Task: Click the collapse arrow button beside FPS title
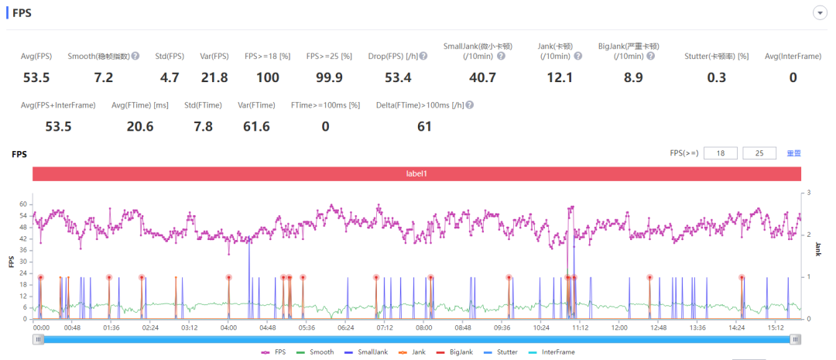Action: pyautogui.click(x=818, y=13)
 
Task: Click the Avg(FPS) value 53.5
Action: pyautogui.click(x=36, y=77)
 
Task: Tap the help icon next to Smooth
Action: pyautogui.click(x=135, y=56)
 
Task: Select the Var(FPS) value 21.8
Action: pyautogui.click(x=214, y=77)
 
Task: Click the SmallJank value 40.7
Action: pyautogui.click(x=482, y=77)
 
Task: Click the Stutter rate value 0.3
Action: pyautogui.click(x=717, y=77)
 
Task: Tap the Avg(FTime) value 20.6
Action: pyautogui.click(x=139, y=126)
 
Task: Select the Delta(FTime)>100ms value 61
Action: pyautogui.click(x=424, y=126)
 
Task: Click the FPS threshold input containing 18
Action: pyautogui.click(x=720, y=153)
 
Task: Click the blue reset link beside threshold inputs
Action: pyautogui.click(x=793, y=153)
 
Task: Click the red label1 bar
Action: pyautogui.click(x=416, y=173)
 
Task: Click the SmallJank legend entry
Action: pyautogui.click(x=367, y=352)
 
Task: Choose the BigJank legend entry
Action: pyautogui.click(x=457, y=352)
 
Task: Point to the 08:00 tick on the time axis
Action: pyautogui.click(x=424, y=327)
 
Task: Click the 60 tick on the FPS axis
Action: pyautogui.click(x=23, y=204)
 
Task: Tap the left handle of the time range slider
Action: pyautogui.click(x=39, y=339)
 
